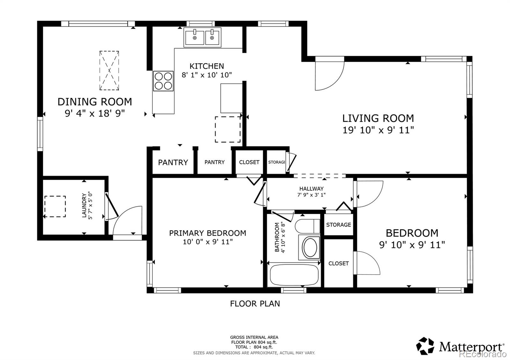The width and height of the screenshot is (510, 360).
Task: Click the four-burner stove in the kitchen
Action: click(x=163, y=81)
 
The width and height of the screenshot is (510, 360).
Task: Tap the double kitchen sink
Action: click(x=202, y=37)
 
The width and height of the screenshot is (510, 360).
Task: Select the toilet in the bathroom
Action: click(x=307, y=226)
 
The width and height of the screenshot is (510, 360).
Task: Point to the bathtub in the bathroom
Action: click(x=294, y=275)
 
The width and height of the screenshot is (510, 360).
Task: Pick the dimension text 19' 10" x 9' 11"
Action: click(x=378, y=130)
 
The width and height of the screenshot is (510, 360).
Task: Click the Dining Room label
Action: click(x=95, y=102)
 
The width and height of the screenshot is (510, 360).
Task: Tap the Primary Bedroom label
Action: click(x=208, y=233)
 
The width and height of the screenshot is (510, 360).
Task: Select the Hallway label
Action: click(x=311, y=189)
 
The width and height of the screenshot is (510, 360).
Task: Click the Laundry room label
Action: click(x=84, y=205)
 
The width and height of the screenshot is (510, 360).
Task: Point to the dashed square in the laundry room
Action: click(x=55, y=206)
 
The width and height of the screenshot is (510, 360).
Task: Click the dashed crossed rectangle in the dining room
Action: click(x=109, y=70)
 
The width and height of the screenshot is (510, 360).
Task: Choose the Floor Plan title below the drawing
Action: click(x=255, y=304)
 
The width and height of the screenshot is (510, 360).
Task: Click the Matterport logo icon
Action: click(x=425, y=346)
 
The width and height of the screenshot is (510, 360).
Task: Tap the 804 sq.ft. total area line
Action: click(x=254, y=347)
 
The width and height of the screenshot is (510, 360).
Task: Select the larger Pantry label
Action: click(x=173, y=162)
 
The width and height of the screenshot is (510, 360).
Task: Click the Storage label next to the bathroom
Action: click(x=339, y=225)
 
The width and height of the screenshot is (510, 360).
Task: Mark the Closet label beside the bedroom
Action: click(x=339, y=263)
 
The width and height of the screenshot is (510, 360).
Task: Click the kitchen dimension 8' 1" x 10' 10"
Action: click(x=207, y=75)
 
